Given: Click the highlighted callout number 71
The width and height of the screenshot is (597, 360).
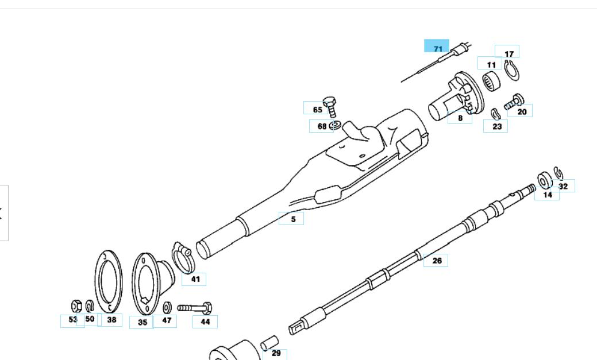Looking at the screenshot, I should pos(437,47).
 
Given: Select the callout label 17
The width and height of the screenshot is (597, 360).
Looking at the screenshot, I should pos(508,53).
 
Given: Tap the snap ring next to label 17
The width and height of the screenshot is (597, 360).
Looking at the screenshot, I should pos(511,71).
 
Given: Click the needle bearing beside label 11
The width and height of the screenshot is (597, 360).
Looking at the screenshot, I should pos(490,80).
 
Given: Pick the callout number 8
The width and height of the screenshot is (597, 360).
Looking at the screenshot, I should pos(460,118).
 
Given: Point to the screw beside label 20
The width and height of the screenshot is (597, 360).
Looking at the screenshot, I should pos(513,104).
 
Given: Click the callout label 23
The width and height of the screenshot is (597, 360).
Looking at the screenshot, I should pos(495,126).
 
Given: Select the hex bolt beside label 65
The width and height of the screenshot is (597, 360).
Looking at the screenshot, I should pos(330,106).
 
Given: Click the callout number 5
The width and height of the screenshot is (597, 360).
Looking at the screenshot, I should pos(292,219).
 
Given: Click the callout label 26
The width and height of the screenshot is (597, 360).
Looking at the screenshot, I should pos(436,261).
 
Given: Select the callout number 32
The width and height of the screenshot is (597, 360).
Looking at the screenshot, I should pos(563,186).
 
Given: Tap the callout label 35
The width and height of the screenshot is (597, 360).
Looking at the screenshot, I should pos(142,322).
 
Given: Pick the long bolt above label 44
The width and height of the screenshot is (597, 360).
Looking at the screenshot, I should pos(195,308).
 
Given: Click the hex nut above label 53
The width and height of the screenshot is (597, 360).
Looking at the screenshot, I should pos(75,305).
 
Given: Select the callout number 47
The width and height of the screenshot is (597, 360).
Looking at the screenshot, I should pos(165,321).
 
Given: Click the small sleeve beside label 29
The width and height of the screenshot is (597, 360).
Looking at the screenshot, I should pos(269,343).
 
